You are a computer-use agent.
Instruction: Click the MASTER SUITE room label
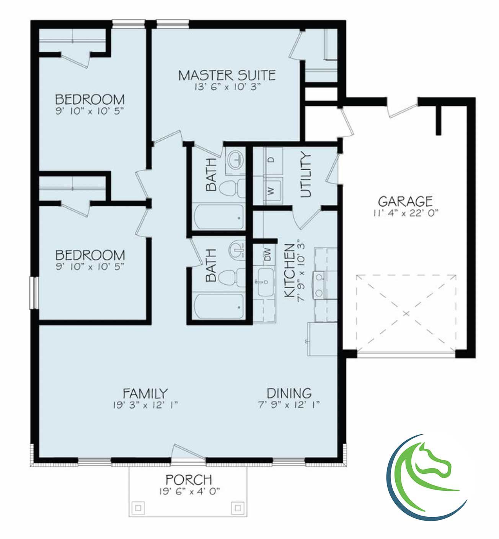click(x=227, y=75)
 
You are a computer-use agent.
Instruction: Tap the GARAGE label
click(x=405, y=201)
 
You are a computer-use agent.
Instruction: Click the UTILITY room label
click(x=306, y=175)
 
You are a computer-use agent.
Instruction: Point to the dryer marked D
click(x=273, y=159)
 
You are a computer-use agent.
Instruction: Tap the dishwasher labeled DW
click(x=267, y=254)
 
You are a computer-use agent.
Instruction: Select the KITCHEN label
click(x=289, y=270)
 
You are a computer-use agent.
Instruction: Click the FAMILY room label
click(x=145, y=393)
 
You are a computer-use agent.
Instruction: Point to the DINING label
click(x=289, y=393)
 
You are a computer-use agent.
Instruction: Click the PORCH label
click(x=188, y=479)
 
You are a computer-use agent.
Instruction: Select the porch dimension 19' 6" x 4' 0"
click(x=188, y=491)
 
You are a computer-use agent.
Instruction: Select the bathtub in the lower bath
click(x=219, y=307)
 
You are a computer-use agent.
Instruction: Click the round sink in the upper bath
click(x=234, y=159)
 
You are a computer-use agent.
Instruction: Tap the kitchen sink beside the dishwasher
click(x=265, y=282)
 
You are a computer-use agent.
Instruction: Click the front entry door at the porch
click(x=188, y=454)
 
